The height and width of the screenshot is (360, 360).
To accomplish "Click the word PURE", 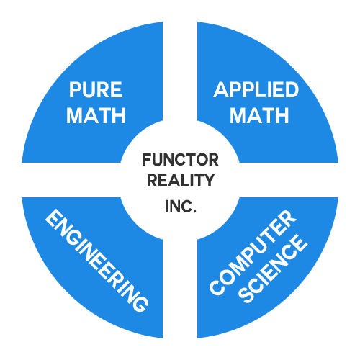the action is pos(96,89).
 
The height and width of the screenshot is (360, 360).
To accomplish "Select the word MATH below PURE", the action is pos(96,115).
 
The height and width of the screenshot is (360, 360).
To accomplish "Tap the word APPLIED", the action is pos(256,89).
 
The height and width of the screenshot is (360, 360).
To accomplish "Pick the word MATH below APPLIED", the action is pos(259,115).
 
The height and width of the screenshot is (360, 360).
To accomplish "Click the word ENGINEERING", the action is pos(96,260).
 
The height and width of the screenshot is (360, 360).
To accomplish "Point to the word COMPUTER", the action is pos(253,252).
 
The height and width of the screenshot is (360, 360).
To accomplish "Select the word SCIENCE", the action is pos(274,269).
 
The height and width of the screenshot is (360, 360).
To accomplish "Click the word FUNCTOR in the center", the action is pos(180,160).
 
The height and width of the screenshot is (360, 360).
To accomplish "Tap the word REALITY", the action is pos(181,180).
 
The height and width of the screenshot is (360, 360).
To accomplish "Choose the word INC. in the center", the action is pos(181,206).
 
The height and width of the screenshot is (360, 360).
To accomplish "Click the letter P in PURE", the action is pos(74,89).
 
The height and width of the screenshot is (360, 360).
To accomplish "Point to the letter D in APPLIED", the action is pos(292,89).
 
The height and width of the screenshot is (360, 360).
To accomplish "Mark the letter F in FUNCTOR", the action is pos(147,160).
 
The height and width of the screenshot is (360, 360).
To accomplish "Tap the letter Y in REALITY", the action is pos(208,180).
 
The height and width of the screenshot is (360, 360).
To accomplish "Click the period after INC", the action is pos(194,211).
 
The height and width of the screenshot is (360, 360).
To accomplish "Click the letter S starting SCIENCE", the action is pos(246,296).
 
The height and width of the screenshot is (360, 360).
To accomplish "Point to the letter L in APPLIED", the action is pos(257,89).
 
